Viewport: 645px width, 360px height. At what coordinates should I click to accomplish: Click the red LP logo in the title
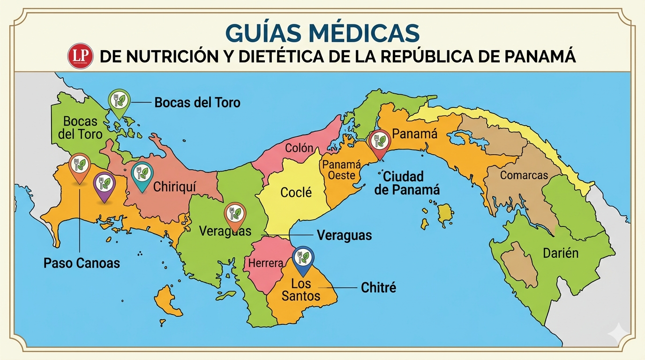[78, 56]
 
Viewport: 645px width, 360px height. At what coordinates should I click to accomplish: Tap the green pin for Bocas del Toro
[120, 101]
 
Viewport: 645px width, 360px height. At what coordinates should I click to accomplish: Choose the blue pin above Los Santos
[303, 259]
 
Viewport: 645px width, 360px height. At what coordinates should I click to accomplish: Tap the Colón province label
[299, 148]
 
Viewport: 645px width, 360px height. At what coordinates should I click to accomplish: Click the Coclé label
[296, 192]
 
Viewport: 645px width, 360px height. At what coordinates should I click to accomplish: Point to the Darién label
[561, 254]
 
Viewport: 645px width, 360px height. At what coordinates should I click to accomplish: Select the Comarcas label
[524, 176]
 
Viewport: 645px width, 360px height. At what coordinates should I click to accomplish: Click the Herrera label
[266, 263]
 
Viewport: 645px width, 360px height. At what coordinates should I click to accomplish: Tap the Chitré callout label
[378, 287]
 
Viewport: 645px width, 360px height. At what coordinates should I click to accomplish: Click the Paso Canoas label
[82, 263]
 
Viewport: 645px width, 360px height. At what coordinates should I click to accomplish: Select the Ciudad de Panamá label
[411, 183]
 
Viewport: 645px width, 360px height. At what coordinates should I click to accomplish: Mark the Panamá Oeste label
[342, 170]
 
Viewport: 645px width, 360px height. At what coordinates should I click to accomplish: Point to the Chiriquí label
[174, 187]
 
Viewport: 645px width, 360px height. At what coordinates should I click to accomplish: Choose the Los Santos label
[301, 290]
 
